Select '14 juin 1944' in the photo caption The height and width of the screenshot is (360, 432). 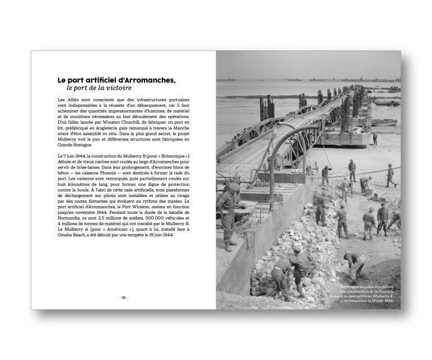click(x=380, y=301)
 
